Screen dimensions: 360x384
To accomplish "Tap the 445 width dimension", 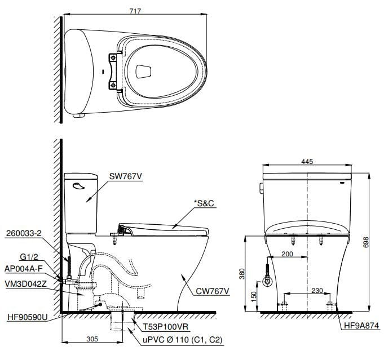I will [307, 162].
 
